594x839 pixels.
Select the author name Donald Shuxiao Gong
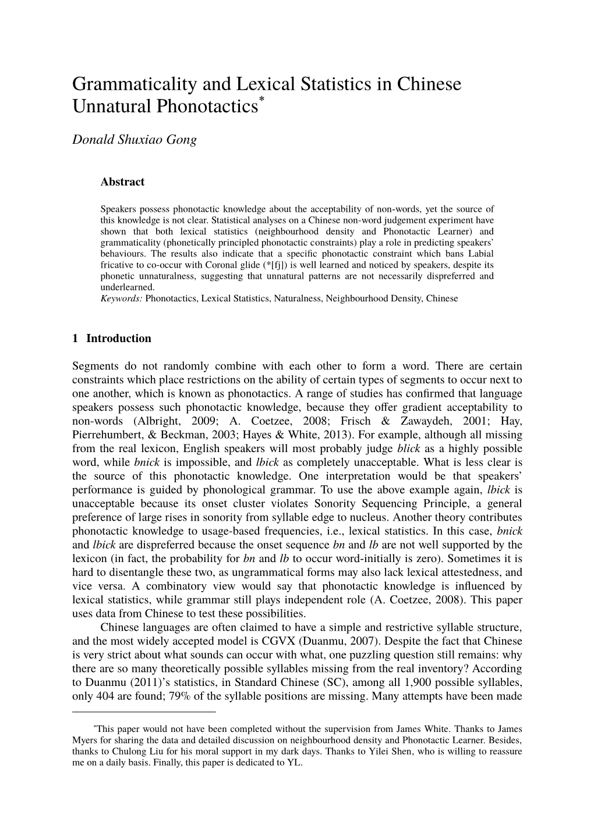135,140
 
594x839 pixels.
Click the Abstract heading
122,182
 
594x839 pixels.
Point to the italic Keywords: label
122,298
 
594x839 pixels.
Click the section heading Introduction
119,339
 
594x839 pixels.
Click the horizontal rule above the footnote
144,712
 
